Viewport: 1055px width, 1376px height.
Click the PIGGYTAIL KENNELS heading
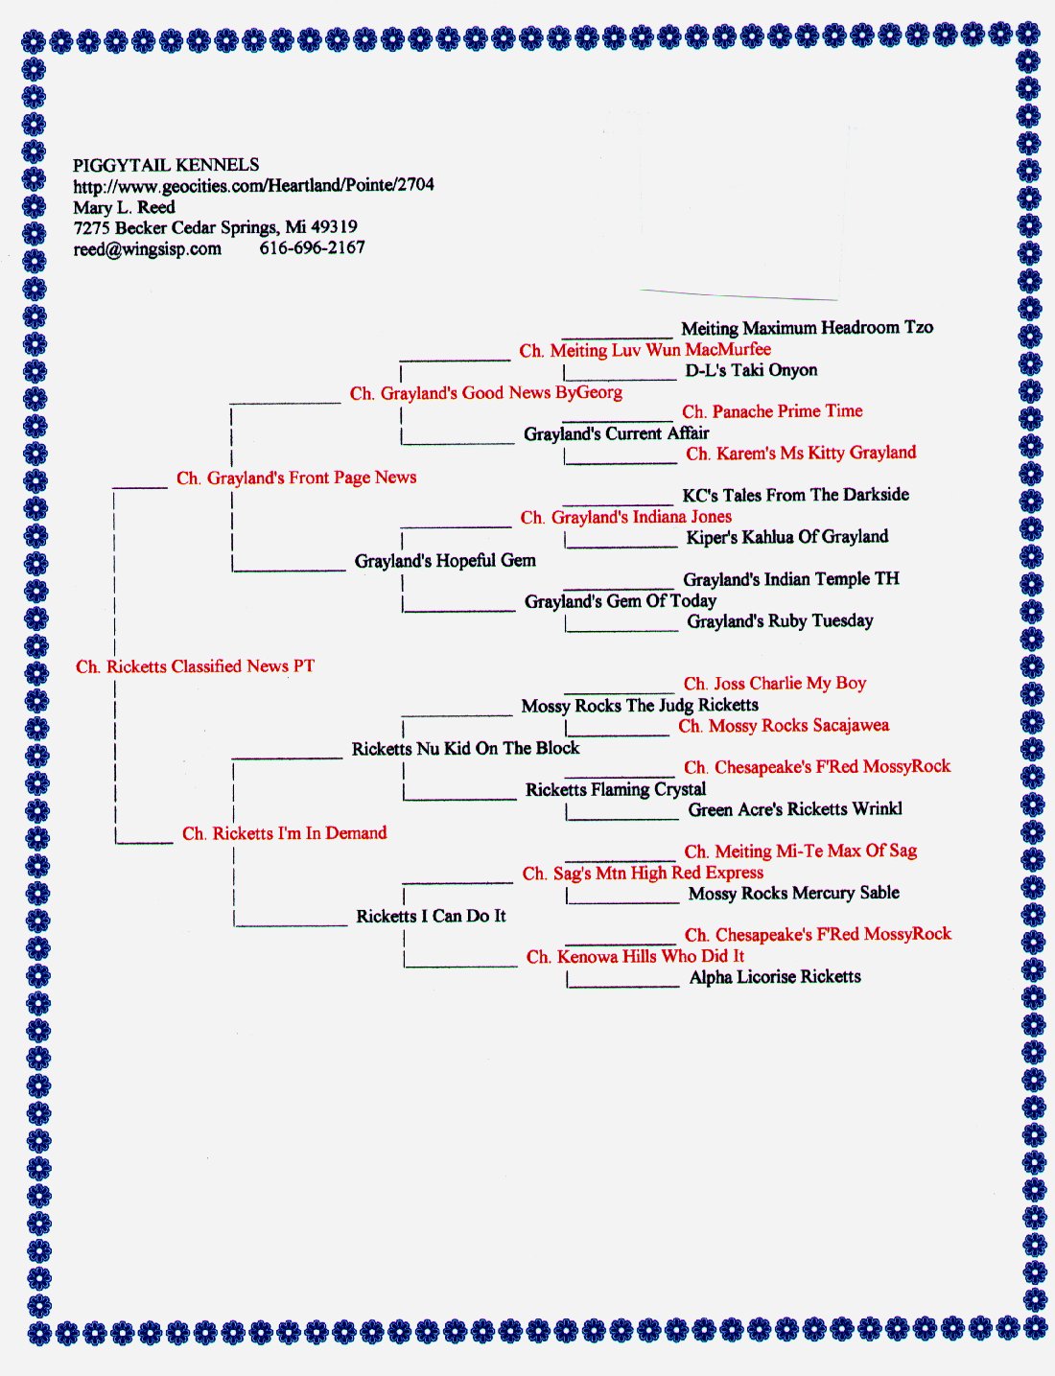166,165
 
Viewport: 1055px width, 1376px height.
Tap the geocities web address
253,185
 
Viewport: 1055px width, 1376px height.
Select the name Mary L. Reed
124,207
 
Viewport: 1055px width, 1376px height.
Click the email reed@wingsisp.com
148,249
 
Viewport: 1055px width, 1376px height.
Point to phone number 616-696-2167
313,247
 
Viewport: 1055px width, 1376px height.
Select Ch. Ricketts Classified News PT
195,666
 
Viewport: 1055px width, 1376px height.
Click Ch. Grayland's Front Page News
296,478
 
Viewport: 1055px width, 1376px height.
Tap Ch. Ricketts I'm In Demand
284,833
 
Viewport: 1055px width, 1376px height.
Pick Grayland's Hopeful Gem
445,560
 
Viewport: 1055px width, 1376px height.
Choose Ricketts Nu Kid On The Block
465,749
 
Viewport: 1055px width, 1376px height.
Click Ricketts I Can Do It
431,916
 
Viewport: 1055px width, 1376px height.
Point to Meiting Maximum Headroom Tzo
808,328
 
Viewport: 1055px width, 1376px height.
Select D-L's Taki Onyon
751,370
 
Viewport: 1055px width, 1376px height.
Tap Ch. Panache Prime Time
773,411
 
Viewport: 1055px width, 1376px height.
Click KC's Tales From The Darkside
795,495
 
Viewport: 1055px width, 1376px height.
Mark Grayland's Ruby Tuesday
780,620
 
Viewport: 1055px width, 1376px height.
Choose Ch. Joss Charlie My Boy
775,684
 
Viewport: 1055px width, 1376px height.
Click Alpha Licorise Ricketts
775,976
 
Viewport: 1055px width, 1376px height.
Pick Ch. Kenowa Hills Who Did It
635,956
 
